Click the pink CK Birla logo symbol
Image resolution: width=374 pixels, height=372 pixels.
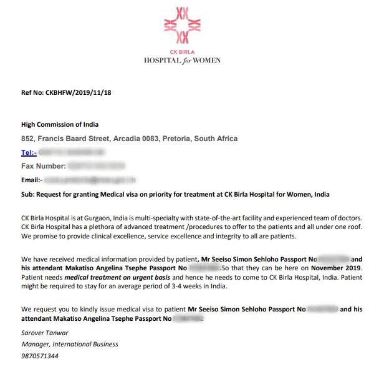coord(181,24)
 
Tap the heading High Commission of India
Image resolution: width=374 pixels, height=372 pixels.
coord(60,124)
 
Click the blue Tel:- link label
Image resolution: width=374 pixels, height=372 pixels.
coord(29,152)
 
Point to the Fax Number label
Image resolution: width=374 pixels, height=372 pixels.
coord(44,166)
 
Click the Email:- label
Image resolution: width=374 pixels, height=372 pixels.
coord(32,180)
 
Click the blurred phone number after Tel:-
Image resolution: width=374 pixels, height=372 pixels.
coord(69,152)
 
